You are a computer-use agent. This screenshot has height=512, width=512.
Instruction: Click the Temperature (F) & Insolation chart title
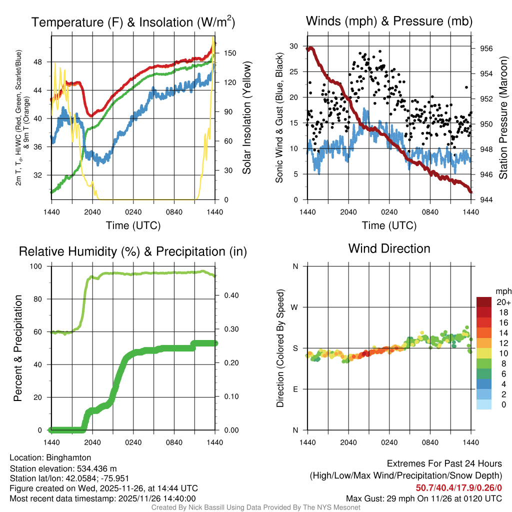click(x=133, y=22)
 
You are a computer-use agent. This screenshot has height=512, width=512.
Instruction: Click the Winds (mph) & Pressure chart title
click(x=389, y=21)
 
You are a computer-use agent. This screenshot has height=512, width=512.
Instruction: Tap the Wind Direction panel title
click(x=389, y=248)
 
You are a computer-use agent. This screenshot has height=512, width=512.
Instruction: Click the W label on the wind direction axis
click(x=295, y=307)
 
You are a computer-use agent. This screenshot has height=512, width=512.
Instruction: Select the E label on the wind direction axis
click(x=295, y=389)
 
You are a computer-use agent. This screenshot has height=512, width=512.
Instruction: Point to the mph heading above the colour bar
click(x=503, y=291)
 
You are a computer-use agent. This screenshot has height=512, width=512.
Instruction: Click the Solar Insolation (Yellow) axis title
click(x=246, y=118)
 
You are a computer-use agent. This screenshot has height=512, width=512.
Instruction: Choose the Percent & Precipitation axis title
click(x=17, y=348)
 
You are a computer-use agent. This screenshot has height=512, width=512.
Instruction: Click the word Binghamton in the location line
click(x=68, y=457)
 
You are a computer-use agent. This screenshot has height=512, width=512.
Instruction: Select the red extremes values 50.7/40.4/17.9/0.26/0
click(x=458, y=487)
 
